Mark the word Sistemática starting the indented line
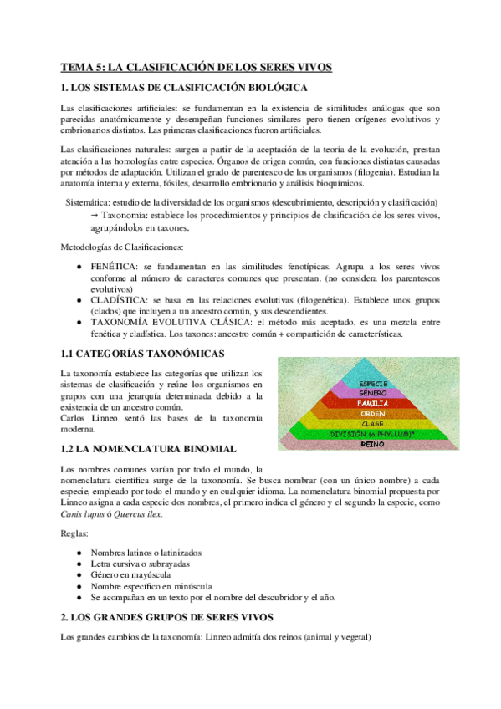pos(89,203)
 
